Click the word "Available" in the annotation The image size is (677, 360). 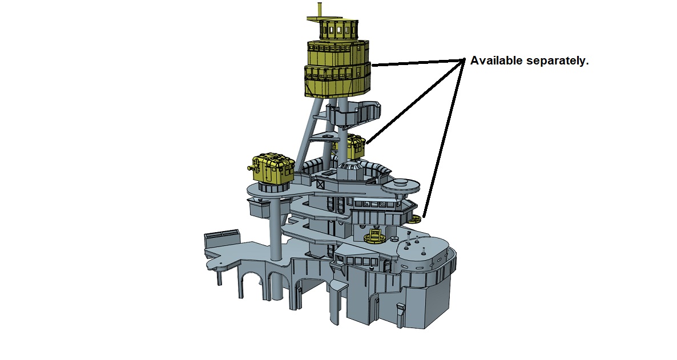tap(496, 61)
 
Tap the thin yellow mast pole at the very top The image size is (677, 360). tap(320, 10)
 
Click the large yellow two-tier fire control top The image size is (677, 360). tap(337, 68)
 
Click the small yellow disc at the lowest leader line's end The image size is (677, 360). tap(416, 219)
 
